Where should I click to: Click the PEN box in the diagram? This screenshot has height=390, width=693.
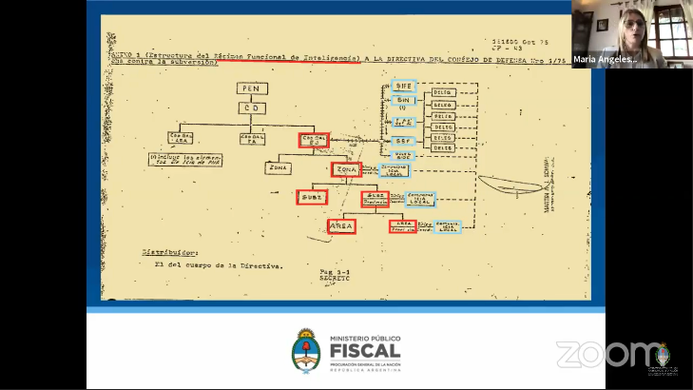[x=252, y=88]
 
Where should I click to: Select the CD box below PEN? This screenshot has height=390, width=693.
[x=252, y=107]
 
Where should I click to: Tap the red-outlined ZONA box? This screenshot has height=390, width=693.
[x=346, y=169]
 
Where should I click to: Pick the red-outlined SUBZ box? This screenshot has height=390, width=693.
[x=312, y=197]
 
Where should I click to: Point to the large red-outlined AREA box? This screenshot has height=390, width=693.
[x=340, y=226]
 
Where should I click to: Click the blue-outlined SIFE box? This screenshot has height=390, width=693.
[x=403, y=86]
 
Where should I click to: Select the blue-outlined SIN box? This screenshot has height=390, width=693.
[x=403, y=99]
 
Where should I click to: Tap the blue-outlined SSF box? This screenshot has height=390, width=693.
[x=403, y=141]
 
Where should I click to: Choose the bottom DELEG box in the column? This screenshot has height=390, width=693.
[x=442, y=148]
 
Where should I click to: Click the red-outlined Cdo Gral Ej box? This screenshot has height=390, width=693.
[x=314, y=140]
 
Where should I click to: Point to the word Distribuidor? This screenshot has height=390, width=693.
[x=170, y=253]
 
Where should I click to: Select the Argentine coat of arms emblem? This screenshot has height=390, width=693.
[x=307, y=353]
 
